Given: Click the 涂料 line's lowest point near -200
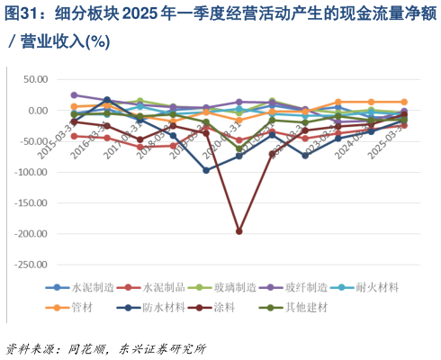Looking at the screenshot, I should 238,231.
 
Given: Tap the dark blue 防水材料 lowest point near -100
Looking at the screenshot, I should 206,169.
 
